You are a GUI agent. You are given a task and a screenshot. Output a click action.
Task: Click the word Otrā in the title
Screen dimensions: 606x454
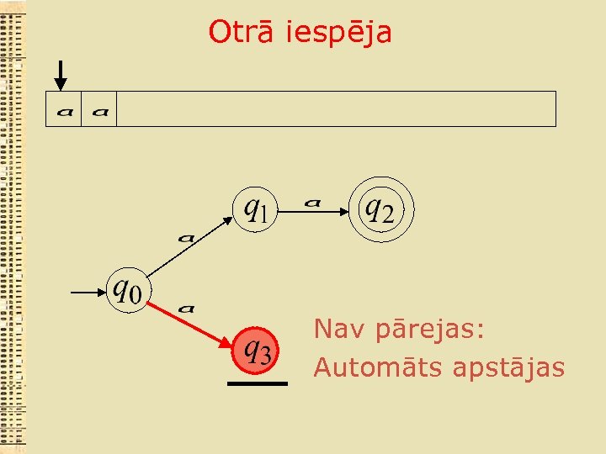coord(243,32)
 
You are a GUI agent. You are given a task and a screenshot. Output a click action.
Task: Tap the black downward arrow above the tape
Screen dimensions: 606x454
coord(61,76)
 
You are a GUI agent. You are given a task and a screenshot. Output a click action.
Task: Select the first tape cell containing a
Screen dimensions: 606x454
coord(63,109)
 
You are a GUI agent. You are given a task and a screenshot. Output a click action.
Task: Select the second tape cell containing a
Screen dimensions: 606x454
coord(98,109)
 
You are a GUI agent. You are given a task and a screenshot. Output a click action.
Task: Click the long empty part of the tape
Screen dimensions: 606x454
coord(337,109)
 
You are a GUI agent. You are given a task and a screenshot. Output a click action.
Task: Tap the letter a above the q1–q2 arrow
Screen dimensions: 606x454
coord(313,201)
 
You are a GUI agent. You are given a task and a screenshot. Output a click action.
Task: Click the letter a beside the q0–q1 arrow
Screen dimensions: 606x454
coord(186,237)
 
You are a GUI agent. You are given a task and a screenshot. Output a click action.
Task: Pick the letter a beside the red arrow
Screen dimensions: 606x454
coord(187,309)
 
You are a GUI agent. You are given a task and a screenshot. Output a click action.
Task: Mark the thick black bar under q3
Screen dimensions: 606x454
coord(257,383)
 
